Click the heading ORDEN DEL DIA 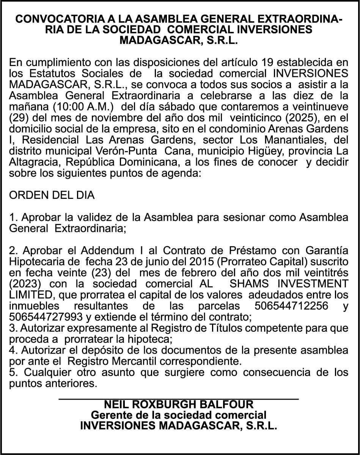click(52, 196)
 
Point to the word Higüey click(268, 151)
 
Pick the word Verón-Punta click(130, 151)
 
